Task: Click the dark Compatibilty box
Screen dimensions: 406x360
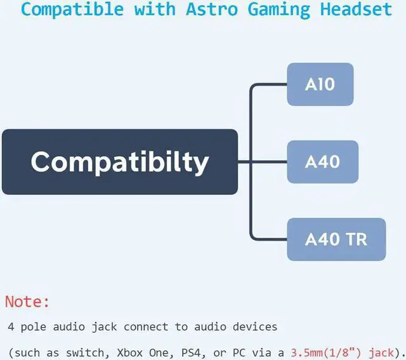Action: (120, 161)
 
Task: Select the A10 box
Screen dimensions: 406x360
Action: (320, 84)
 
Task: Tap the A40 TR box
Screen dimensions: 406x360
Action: (336, 239)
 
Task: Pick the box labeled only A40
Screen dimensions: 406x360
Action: (322, 161)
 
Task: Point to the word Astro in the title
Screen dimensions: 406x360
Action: (206, 10)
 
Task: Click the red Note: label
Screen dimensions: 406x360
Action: (27, 302)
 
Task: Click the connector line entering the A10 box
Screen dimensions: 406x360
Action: (270, 84)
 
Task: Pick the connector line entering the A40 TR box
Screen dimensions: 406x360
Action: (270, 239)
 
